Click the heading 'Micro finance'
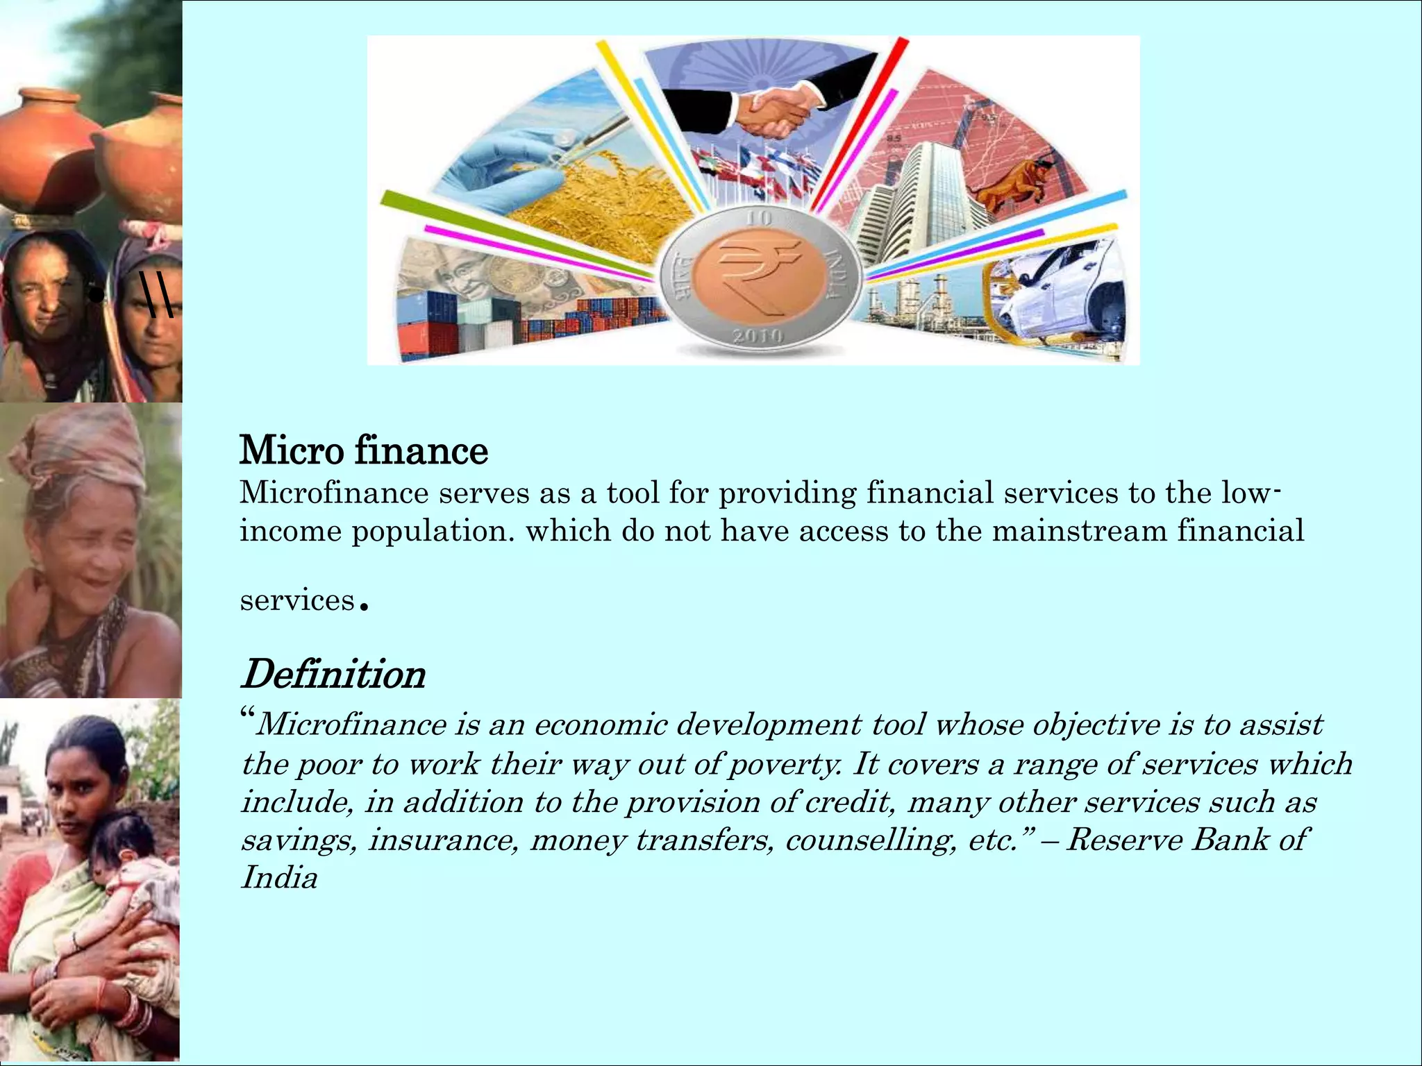[x=363, y=450]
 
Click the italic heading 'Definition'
[x=333, y=674]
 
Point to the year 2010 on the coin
[x=758, y=337]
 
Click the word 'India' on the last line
[x=279, y=878]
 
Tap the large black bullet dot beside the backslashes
[x=97, y=295]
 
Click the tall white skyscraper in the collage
[x=923, y=201]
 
